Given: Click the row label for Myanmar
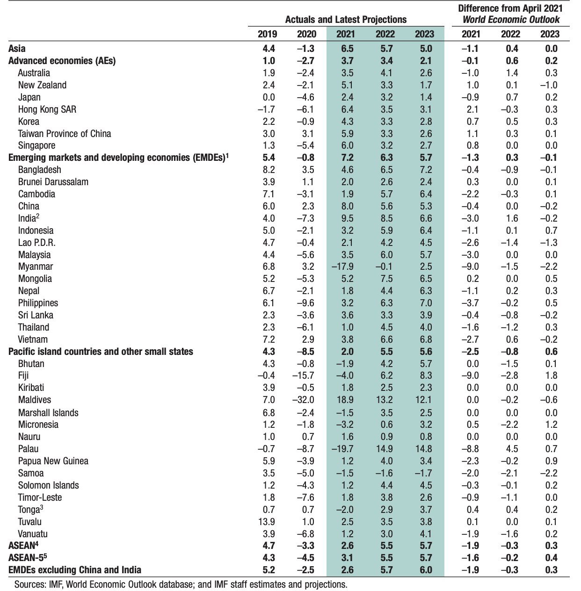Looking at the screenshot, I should [x=36, y=267].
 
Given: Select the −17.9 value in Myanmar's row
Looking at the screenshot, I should [x=343, y=267].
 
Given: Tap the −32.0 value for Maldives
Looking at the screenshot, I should [x=304, y=400].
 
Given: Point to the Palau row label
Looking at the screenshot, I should [x=28, y=449].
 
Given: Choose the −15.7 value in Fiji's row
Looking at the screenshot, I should [x=304, y=375].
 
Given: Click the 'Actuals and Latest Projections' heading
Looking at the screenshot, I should [x=346, y=20].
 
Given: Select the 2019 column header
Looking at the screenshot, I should [x=267, y=34].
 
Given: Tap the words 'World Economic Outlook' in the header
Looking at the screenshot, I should [x=511, y=20].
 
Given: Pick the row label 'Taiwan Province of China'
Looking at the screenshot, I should [x=65, y=134].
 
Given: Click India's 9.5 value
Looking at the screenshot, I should [x=346, y=218].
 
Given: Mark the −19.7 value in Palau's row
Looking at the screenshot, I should [x=343, y=449].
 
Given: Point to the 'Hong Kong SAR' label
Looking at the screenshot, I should [x=47, y=109].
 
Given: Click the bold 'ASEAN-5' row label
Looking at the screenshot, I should [x=28, y=558].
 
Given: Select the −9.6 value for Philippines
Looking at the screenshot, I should [x=305, y=303].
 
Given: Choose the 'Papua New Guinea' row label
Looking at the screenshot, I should [x=53, y=461].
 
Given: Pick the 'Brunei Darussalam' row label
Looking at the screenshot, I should [x=53, y=182].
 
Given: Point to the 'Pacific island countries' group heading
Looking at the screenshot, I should [x=101, y=352].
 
